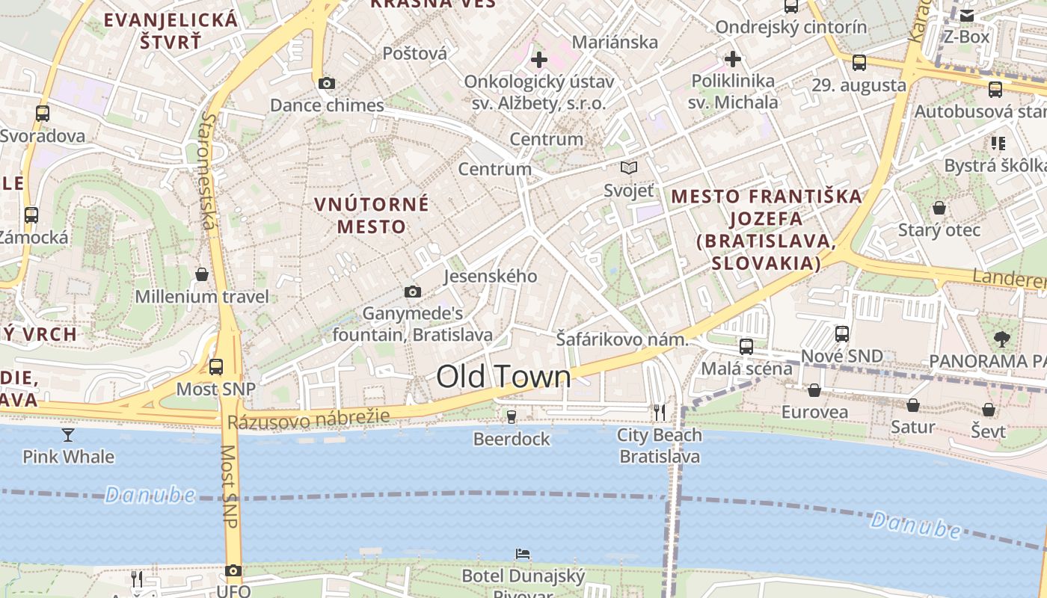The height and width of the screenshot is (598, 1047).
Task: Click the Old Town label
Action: [503, 377]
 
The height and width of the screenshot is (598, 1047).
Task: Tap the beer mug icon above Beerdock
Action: [512, 416]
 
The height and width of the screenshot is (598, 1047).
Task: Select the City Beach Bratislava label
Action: [659, 446]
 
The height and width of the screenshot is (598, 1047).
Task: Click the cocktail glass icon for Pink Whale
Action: [68, 434]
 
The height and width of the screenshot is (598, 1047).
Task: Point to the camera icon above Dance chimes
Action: [327, 83]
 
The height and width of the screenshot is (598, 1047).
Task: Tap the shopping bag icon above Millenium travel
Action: [201, 274]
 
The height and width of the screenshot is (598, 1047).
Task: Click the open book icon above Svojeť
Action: [629, 168]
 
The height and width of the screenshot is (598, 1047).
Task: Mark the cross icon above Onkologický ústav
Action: [538, 59]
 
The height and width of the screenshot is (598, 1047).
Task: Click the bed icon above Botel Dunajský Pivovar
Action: [523, 554]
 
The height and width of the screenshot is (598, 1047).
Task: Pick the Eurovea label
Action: [814, 412]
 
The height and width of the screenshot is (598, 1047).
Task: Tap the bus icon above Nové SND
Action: [842, 333]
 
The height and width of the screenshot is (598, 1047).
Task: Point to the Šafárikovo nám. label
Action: [621, 339]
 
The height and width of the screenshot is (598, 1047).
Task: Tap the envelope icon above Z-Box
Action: [967, 15]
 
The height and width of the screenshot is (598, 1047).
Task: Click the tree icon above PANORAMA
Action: [1001, 339]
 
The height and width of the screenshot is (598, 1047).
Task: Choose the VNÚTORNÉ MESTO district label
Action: [372, 215]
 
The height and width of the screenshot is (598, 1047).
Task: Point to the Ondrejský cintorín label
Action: [791, 28]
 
